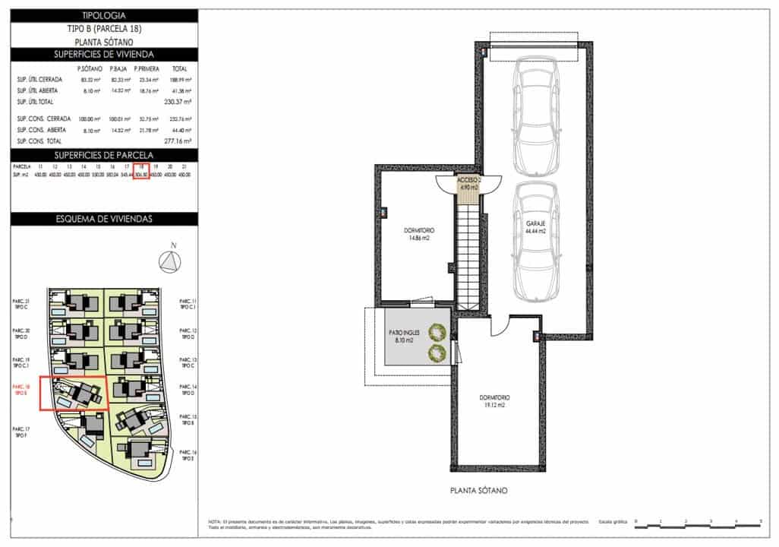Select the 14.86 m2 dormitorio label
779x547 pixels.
416,233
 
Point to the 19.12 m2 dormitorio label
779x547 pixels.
494,401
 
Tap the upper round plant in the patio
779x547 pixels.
437,331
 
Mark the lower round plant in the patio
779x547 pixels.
437,352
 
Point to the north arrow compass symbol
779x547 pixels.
170,261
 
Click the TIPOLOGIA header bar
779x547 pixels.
103,15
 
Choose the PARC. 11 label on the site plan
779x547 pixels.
188,305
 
